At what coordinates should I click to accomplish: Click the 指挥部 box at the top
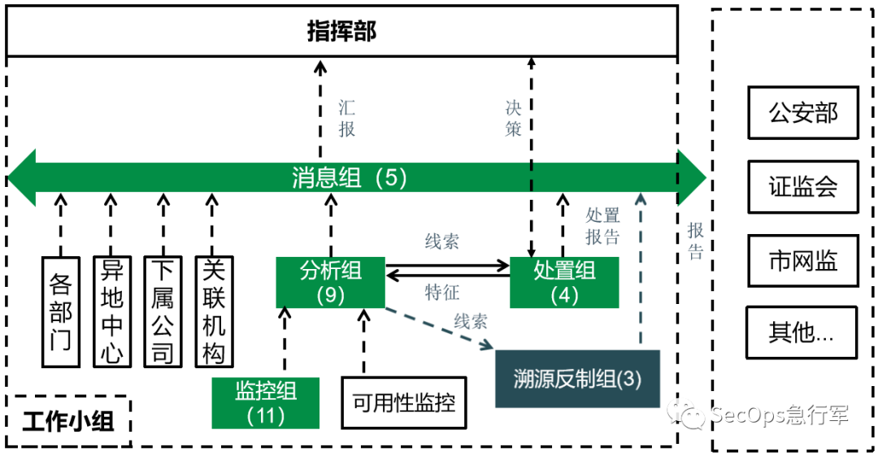341,31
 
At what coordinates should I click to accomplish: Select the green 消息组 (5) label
350,178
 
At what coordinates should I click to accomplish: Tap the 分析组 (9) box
330,282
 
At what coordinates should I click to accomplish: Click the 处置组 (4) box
564,282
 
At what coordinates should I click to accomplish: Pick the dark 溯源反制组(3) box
577,379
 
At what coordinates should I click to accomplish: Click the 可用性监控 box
404,402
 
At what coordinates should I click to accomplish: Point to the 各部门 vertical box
62,311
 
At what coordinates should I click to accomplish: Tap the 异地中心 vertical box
112,311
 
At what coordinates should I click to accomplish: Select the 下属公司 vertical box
163,311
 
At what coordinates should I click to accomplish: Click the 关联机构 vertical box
213,311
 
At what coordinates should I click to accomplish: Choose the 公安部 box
802,112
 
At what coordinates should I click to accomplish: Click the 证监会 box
802,186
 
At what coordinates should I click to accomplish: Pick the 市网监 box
802,260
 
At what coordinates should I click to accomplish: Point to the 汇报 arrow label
347,119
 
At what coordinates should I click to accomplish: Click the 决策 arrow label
513,119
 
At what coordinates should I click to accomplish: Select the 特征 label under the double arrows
442,293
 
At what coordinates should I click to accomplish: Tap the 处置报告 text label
602,226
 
